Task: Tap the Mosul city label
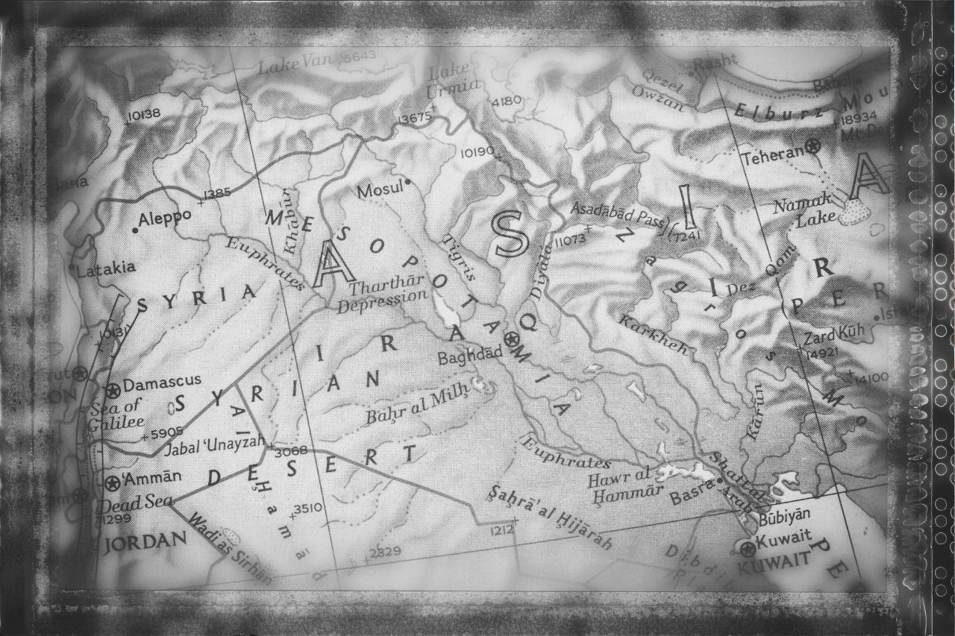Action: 380,192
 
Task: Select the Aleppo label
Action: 166,217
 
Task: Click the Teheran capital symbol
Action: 813,147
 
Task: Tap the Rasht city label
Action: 715,64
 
